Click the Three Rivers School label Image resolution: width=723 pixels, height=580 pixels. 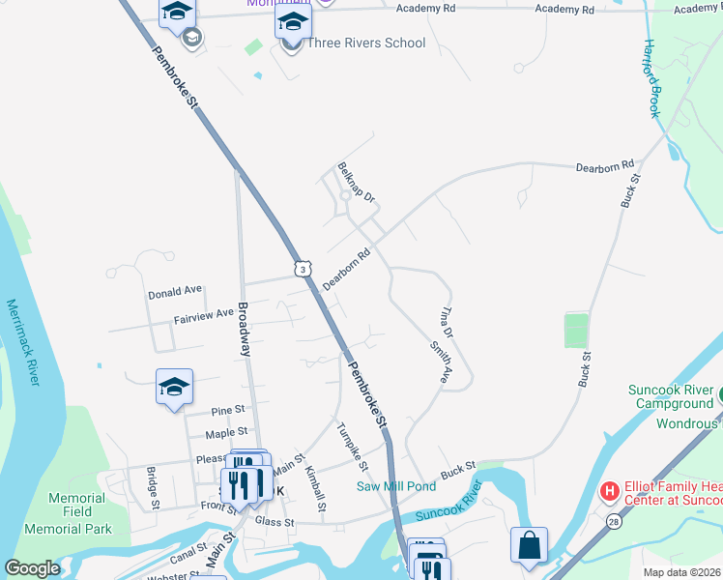click(x=365, y=43)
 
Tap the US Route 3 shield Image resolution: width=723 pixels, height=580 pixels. click(x=304, y=269)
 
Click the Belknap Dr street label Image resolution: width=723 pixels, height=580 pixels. click(x=356, y=182)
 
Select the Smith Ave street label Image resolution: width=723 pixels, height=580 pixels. click(x=440, y=362)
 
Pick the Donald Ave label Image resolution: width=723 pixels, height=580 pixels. click(x=175, y=290)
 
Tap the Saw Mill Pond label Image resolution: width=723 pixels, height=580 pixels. click(x=396, y=486)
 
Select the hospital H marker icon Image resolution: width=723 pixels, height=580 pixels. click(x=609, y=492)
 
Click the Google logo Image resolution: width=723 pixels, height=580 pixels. click(x=33, y=568)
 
